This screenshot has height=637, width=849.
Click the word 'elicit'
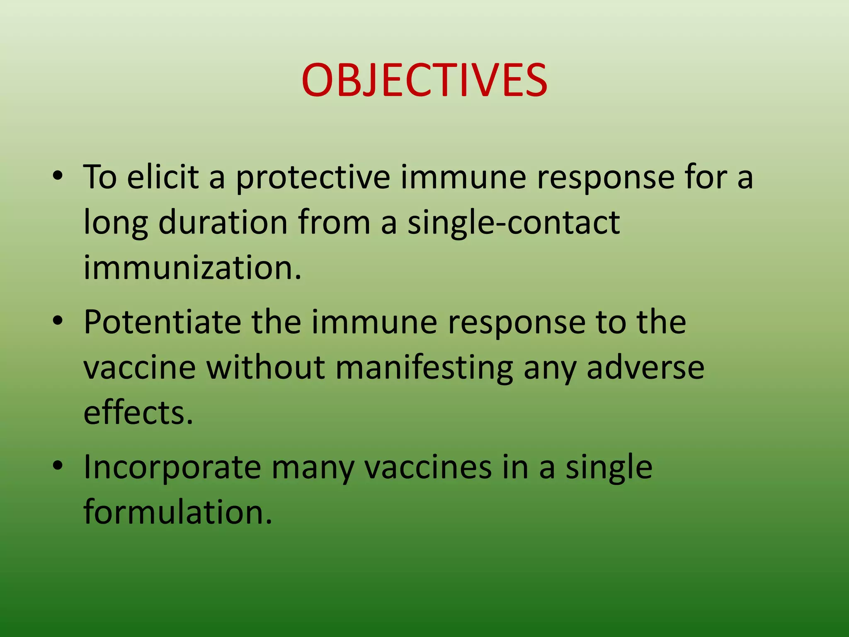(163, 177)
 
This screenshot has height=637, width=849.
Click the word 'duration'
(223, 223)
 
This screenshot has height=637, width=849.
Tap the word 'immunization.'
(192, 267)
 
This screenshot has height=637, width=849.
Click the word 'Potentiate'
(162, 323)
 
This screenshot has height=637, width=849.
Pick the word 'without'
(265, 367)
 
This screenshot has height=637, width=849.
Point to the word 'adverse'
(645, 367)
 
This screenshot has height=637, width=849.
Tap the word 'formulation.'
(178, 512)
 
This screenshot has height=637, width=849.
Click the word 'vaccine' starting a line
(139, 368)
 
